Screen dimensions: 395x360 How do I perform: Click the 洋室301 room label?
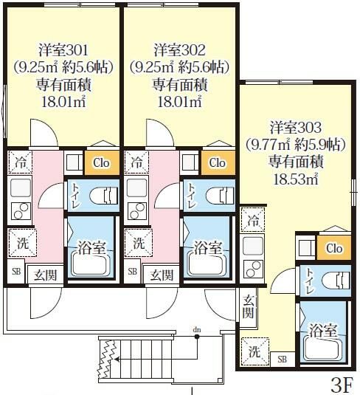(63, 50)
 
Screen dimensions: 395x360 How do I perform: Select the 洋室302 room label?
(180, 50)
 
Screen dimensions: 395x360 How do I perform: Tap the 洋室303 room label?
(294, 127)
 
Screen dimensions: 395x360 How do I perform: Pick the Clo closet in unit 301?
(100, 162)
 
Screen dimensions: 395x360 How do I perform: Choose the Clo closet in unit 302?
(216, 162)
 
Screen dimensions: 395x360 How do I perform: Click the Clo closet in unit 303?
(333, 248)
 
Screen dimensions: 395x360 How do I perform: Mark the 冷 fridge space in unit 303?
(254, 219)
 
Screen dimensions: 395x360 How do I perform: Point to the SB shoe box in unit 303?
(283, 360)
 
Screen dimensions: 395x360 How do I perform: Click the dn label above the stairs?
(196, 329)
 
